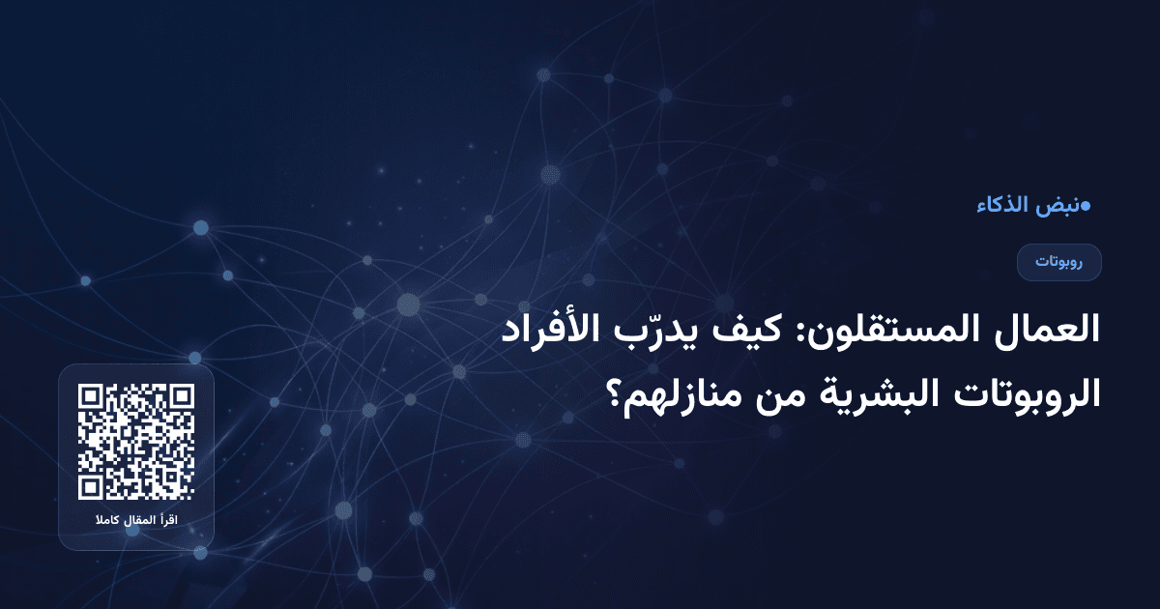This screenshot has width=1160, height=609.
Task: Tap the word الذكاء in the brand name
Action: coord(1005,206)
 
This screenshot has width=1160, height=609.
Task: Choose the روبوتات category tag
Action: coord(1059,262)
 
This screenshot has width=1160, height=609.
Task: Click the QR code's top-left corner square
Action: coord(92,398)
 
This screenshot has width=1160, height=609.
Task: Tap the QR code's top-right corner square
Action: coord(181,398)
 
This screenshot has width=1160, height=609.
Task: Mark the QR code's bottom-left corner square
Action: coord(92,486)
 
